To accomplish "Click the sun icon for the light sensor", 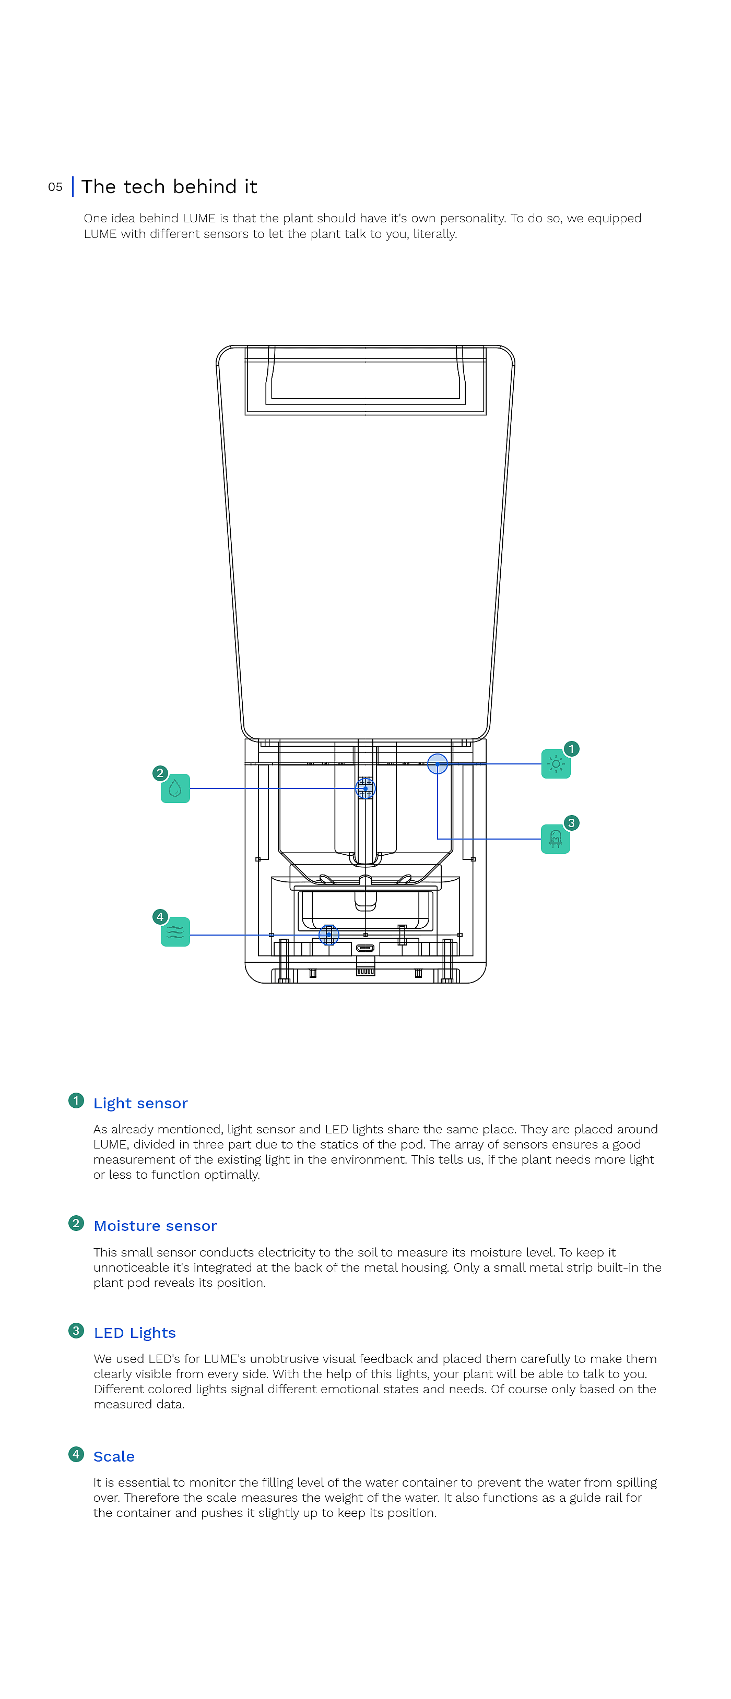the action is coord(556,764).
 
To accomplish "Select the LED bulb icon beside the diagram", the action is coord(555,839).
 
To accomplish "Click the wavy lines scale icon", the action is coord(175,932).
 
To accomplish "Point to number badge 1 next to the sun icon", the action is coord(571,749).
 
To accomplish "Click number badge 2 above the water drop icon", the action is coord(160,773).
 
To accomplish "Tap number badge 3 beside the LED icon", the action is coord(571,822).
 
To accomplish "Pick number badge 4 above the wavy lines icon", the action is coord(160,917).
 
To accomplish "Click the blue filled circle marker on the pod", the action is coord(438,764).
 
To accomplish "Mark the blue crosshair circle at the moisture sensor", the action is coord(365,788).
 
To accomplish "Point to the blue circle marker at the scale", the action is coord(328,935).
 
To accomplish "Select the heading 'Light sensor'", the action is coord(140,1104).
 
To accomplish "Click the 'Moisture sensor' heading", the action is coord(155,1226).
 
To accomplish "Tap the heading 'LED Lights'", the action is coord(135,1333).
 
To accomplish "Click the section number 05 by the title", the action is coord(55,187).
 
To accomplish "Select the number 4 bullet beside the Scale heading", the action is coord(76,1454).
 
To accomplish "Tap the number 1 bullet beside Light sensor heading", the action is coord(76,1101).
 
